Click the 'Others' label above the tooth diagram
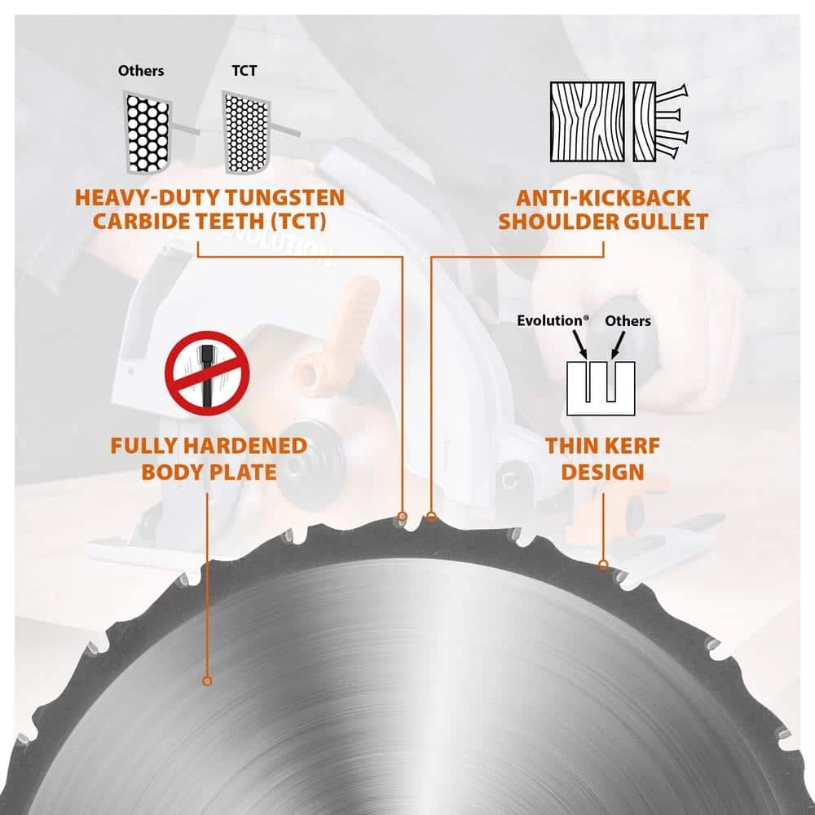[140, 71]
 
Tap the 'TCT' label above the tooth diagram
[244, 71]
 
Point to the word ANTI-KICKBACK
[602, 198]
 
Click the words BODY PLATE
[209, 471]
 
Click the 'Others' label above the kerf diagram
[628, 321]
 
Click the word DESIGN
[601, 471]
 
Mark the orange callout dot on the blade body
[207, 680]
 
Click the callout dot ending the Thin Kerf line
[602, 564]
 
